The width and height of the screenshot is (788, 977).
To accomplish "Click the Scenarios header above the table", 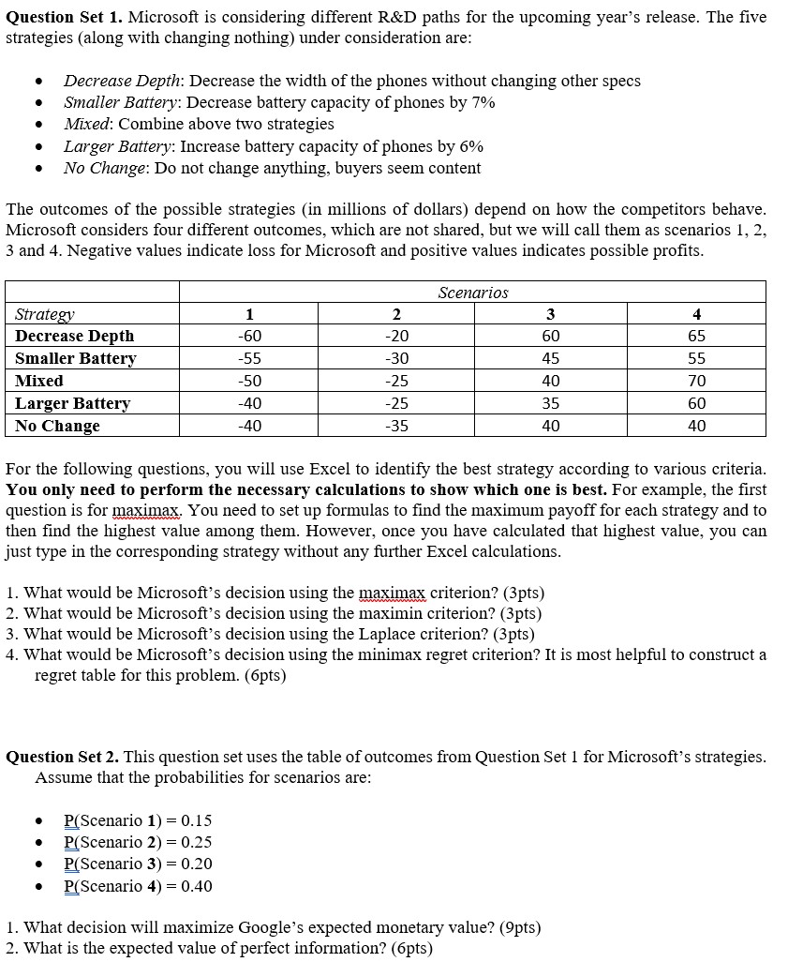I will click(x=473, y=293).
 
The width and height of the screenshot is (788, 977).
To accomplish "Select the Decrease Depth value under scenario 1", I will click(x=250, y=336).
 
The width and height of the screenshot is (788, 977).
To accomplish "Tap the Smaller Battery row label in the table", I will click(x=76, y=358).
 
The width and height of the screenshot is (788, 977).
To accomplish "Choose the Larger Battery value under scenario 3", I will click(x=551, y=403).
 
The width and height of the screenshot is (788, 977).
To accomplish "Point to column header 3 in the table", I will click(x=551, y=314).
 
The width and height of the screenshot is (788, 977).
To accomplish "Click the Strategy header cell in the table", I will click(x=45, y=314).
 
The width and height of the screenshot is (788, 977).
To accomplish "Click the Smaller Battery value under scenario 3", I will click(x=551, y=358).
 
